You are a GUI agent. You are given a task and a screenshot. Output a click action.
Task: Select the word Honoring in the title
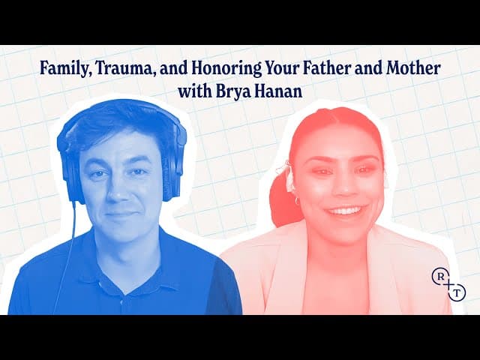click(226, 69)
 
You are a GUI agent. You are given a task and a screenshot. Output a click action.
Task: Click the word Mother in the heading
click(413, 68)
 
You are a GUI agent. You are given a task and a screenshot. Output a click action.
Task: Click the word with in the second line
click(195, 91)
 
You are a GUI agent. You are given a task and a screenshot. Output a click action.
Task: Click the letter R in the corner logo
click(441, 277)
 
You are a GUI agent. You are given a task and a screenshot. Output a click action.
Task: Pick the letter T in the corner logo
click(457, 293)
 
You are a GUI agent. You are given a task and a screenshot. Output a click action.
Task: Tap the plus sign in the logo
click(448, 285)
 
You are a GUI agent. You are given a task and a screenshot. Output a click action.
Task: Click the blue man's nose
click(118, 190)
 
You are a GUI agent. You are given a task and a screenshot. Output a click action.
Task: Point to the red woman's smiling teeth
click(344, 211)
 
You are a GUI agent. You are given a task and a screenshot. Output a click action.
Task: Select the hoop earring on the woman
click(297, 201)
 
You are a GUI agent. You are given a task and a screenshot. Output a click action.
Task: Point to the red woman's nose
click(344, 187)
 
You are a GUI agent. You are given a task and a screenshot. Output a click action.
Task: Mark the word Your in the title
click(282, 68)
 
